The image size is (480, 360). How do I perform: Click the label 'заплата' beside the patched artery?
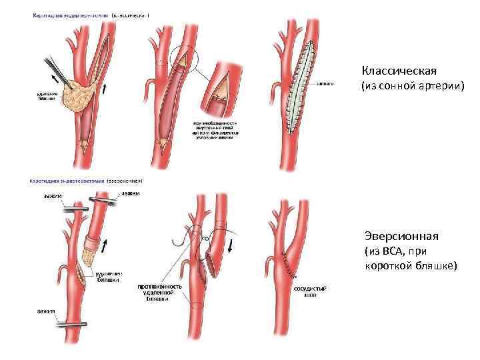[x=325, y=85]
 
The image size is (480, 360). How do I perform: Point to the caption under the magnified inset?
[x=217, y=131]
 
